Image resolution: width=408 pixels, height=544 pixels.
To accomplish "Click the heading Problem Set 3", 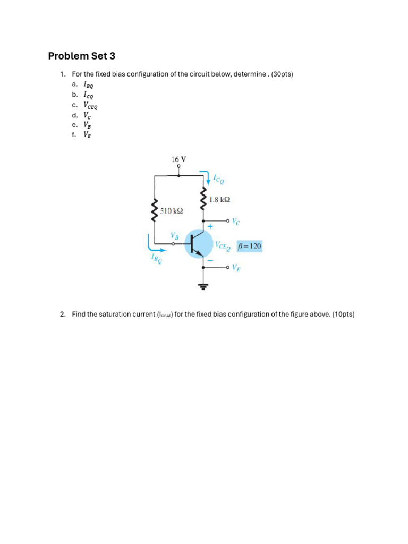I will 81,56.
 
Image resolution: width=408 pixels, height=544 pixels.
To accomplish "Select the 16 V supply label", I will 178,159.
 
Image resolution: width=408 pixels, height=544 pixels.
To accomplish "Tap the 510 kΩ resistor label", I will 172,211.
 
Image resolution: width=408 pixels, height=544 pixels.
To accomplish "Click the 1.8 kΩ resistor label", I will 219,200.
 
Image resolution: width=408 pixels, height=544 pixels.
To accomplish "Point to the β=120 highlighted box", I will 250,246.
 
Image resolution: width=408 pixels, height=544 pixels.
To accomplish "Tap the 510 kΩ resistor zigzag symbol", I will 155,210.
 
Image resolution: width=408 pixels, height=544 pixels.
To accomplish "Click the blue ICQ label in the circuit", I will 218,180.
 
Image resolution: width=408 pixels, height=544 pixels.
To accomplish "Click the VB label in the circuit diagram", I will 175,235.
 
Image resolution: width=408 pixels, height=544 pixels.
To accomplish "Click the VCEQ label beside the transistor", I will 223,246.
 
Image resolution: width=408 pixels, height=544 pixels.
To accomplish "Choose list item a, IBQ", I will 88,84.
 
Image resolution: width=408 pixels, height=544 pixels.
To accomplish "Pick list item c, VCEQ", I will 90,105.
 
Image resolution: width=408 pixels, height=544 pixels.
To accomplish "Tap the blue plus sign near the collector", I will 210,226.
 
